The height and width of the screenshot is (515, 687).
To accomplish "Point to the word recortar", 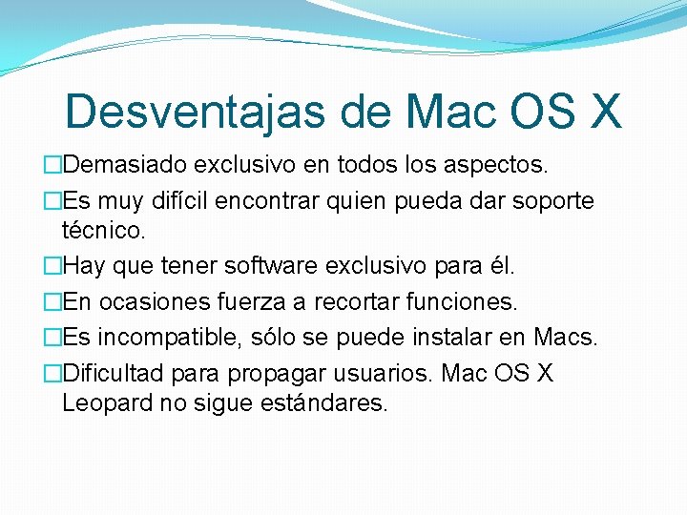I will [362, 302].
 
